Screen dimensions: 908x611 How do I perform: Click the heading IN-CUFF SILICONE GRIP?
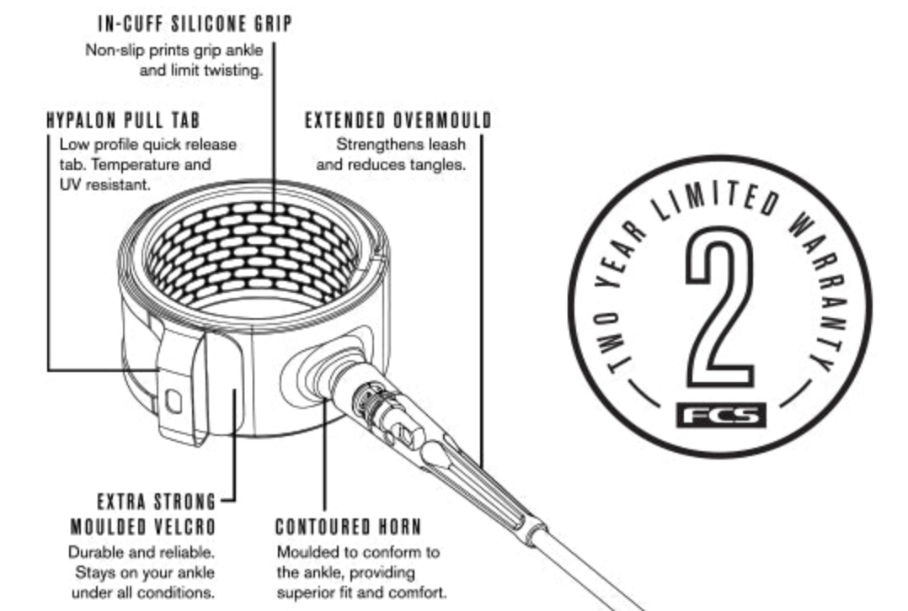[x=195, y=24]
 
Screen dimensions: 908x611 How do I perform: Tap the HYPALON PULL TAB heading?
[x=123, y=120]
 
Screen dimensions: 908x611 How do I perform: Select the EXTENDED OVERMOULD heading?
[x=398, y=120]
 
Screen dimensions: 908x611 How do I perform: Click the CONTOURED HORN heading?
[x=348, y=527]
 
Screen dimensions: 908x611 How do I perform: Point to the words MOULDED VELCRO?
[x=143, y=527]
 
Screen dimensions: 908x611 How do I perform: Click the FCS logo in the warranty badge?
[x=721, y=416]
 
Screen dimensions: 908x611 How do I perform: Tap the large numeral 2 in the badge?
[x=720, y=306]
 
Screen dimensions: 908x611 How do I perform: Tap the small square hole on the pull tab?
[x=174, y=401]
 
